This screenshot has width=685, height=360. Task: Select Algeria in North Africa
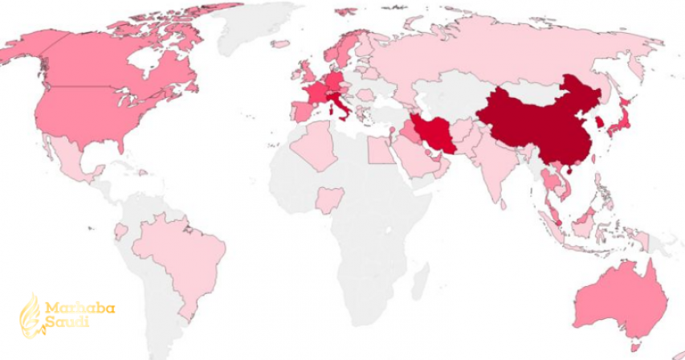click(315, 145)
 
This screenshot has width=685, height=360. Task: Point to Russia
click(498, 56)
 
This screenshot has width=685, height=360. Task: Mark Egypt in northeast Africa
click(382, 149)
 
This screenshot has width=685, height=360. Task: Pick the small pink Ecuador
click(120, 232)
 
